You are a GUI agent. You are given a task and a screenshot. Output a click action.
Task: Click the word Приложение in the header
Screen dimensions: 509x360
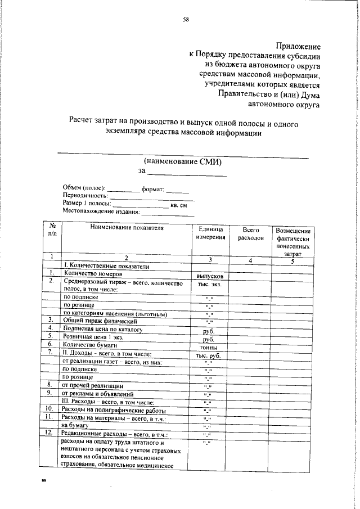coord(298,46)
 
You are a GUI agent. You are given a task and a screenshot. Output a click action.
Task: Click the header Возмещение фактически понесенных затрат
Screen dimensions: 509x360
coord(292,242)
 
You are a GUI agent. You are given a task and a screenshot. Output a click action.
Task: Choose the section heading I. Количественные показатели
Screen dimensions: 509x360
coord(106,265)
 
